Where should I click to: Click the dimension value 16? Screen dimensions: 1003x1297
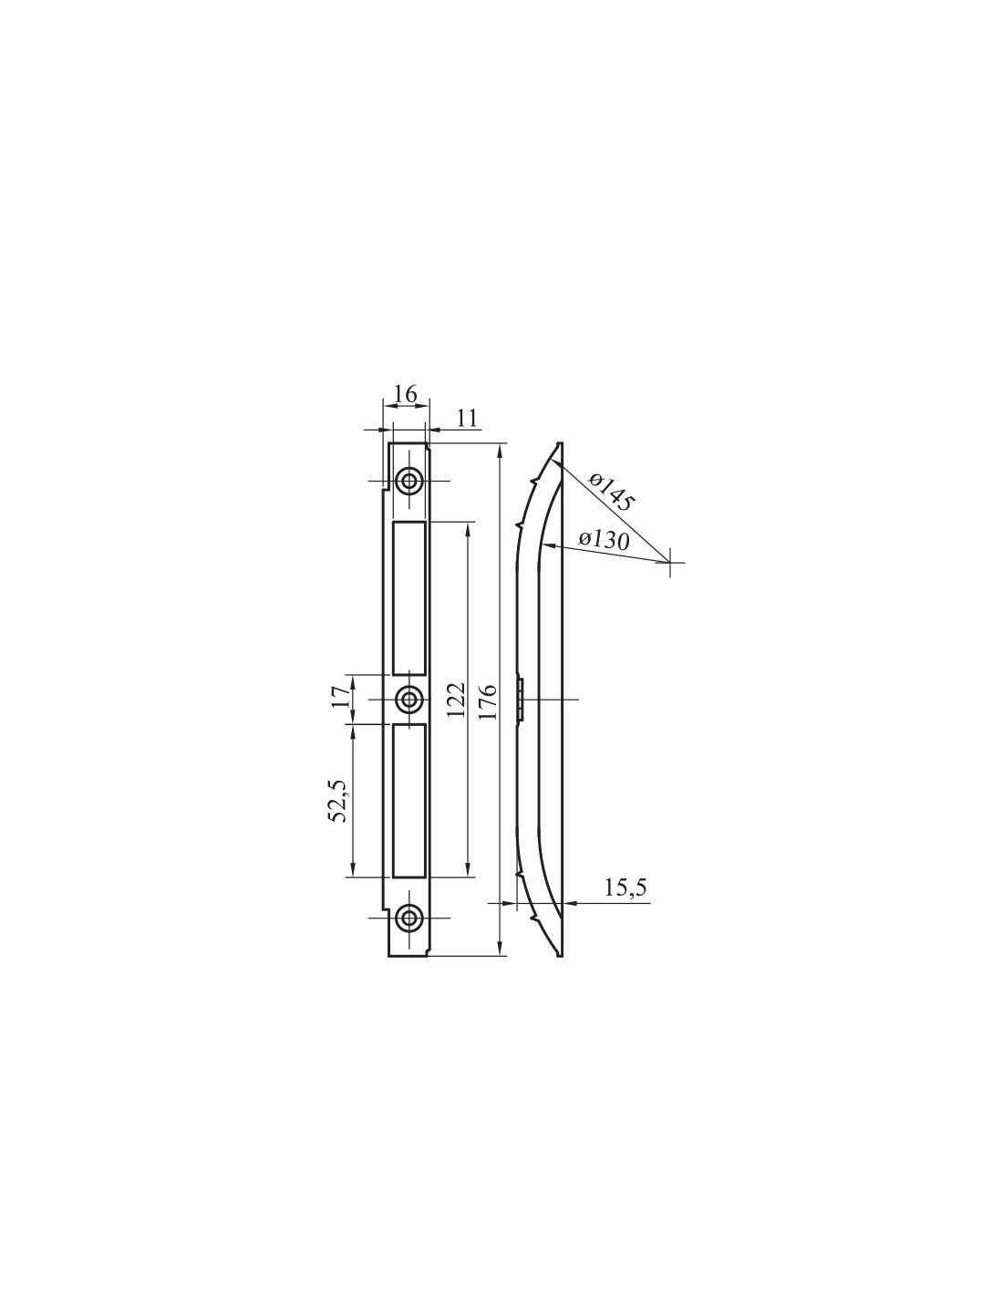pos(405,395)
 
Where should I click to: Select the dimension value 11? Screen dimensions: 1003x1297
pos(468,419)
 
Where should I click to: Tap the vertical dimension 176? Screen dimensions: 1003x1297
pos(488,701)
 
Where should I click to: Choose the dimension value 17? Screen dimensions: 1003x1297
pos(339,697)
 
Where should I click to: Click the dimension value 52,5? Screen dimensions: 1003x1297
pos(339,801)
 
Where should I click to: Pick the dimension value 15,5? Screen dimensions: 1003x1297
pos(626,904)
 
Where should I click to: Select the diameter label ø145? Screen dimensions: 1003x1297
pos(611,492)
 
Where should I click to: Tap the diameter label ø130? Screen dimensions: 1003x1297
pos(604,540)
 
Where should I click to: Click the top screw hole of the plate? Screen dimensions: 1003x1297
pos(408,481)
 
